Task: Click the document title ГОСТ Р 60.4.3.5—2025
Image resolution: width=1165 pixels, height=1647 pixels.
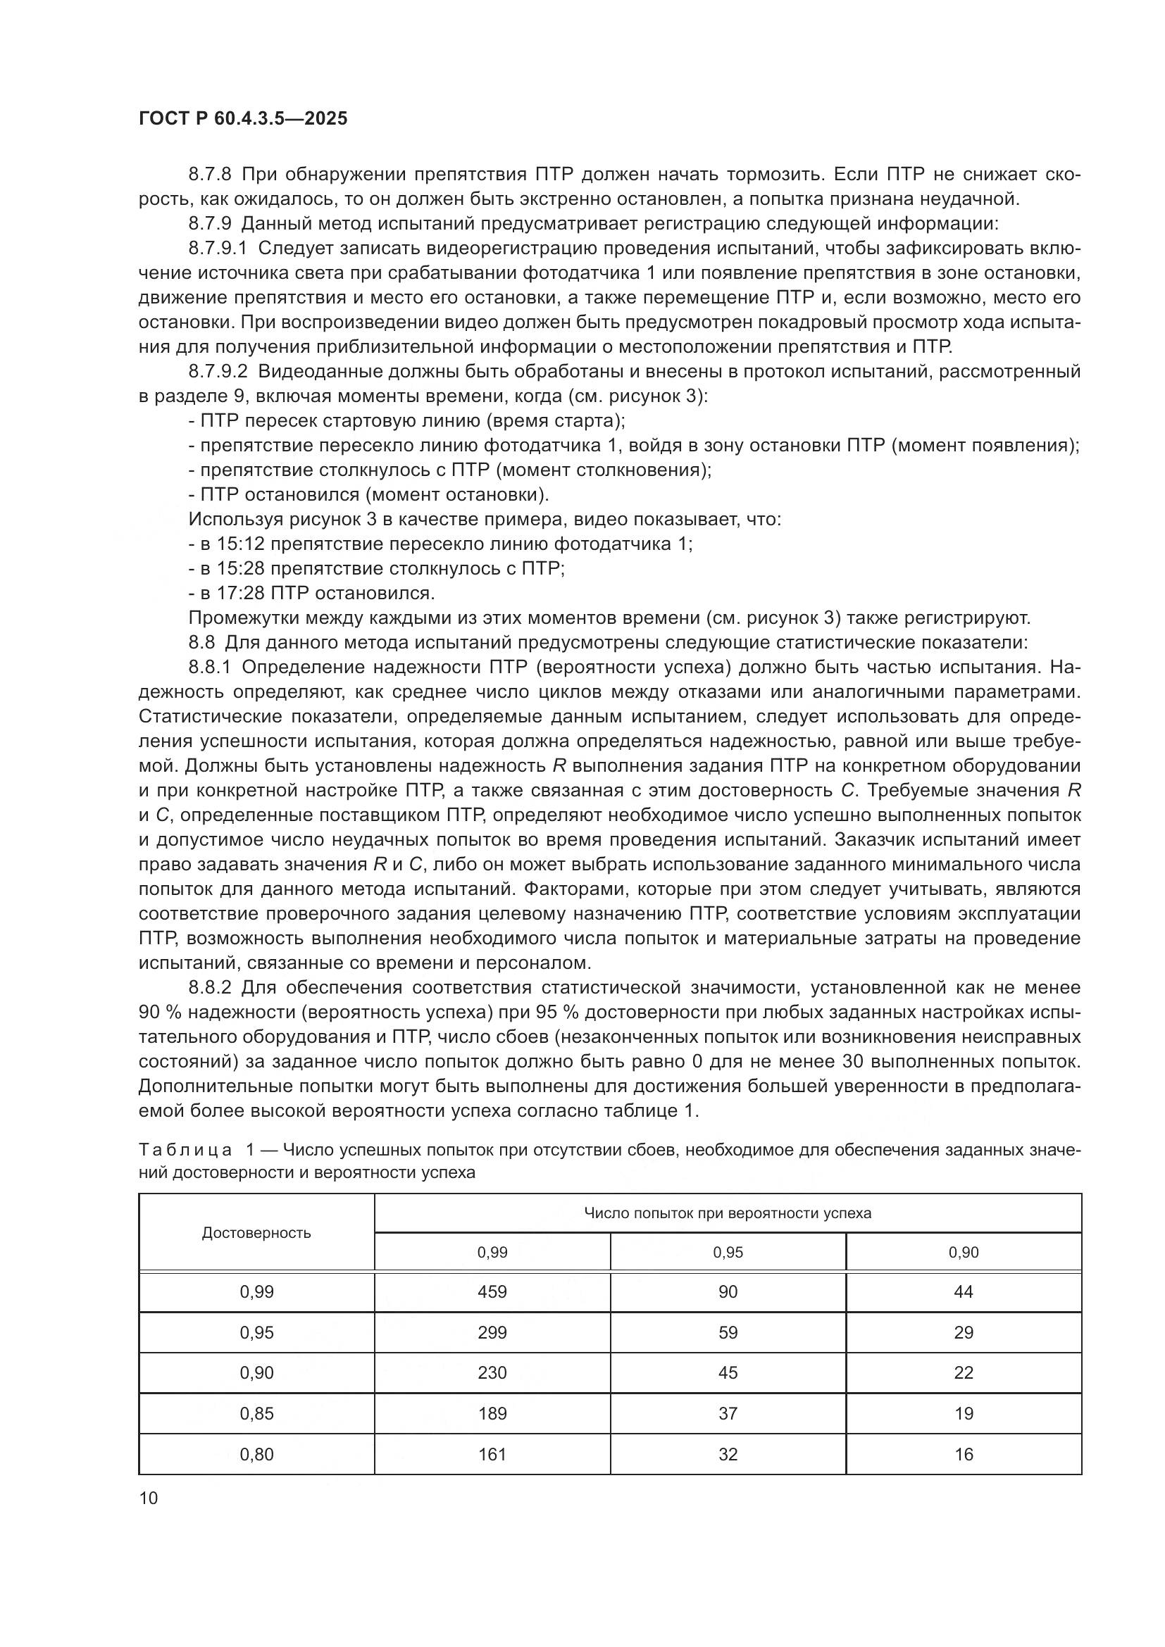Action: [243, 119]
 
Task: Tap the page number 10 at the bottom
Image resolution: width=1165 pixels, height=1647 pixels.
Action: [149, 1498]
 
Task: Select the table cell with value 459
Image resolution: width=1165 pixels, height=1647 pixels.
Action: [492, 1292]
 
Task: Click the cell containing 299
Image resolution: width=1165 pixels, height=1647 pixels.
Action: [492, 1333]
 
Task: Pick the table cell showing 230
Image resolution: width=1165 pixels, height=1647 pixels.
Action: [492, 1373]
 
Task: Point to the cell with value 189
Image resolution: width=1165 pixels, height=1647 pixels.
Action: [492, 1414]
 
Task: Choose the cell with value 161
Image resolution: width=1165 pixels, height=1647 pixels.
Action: [492, 1455]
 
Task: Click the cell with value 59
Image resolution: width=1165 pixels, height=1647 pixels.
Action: [728, 1333]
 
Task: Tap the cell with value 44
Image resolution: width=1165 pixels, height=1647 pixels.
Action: [964, 1292]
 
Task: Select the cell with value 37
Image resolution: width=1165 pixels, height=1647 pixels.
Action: [728, 1414]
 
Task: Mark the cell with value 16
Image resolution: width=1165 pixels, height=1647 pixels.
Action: [964, 1455]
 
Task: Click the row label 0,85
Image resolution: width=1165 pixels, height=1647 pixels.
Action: [257, 1414]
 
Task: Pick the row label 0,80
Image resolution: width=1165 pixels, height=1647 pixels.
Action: [257, 1455]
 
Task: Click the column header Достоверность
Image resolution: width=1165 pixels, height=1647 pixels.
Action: [257, 1233]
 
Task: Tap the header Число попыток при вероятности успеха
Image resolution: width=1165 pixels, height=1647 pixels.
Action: [728, 1214]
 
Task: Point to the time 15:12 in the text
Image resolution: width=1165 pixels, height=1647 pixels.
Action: [241, 544]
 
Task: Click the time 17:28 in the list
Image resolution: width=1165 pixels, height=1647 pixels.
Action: [241, 593]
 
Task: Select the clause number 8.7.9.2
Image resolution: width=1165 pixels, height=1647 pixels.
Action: [218, 372]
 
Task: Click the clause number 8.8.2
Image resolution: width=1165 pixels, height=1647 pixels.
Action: [210, 988]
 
